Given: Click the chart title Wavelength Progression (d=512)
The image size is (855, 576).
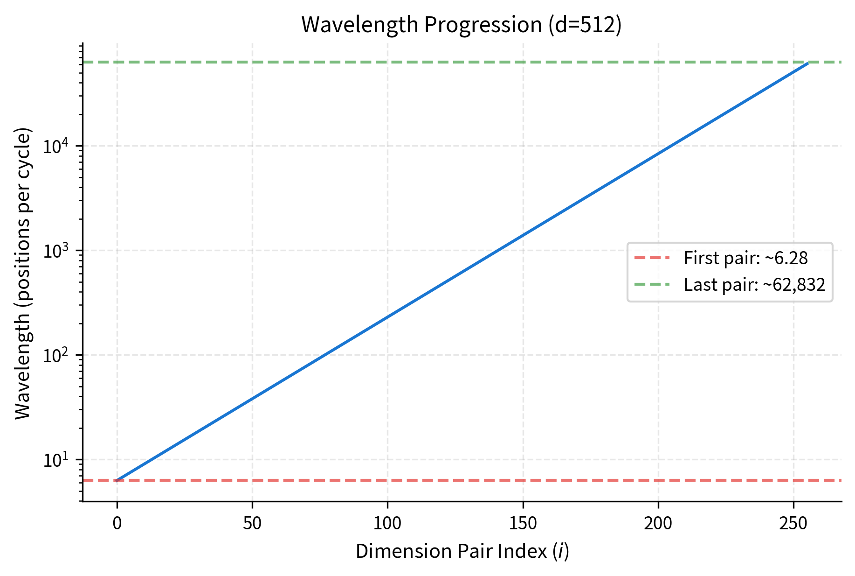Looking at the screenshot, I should [x=462, y=25].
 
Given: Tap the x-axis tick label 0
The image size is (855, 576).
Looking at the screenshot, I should [x=117, y=523].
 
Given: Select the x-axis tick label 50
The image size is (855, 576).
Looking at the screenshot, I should [x=252, y=523].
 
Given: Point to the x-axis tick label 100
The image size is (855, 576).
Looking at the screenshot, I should [x=387, y=523].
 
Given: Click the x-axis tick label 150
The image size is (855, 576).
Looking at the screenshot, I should [x=523, y=523].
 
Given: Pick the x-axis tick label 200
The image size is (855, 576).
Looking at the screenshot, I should [x=658, y=523].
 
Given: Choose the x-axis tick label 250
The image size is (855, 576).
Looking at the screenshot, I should [x=793, y=523].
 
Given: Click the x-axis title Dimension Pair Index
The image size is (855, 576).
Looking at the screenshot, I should [x=462, y=551].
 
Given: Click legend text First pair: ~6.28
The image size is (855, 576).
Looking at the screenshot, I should [x=745, y=258].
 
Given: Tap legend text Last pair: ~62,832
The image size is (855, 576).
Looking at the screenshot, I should [x=754, y=285].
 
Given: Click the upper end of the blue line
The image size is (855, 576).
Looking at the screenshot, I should [x=807, y=63].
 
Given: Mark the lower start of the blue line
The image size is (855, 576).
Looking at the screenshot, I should [x=117, y=480].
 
